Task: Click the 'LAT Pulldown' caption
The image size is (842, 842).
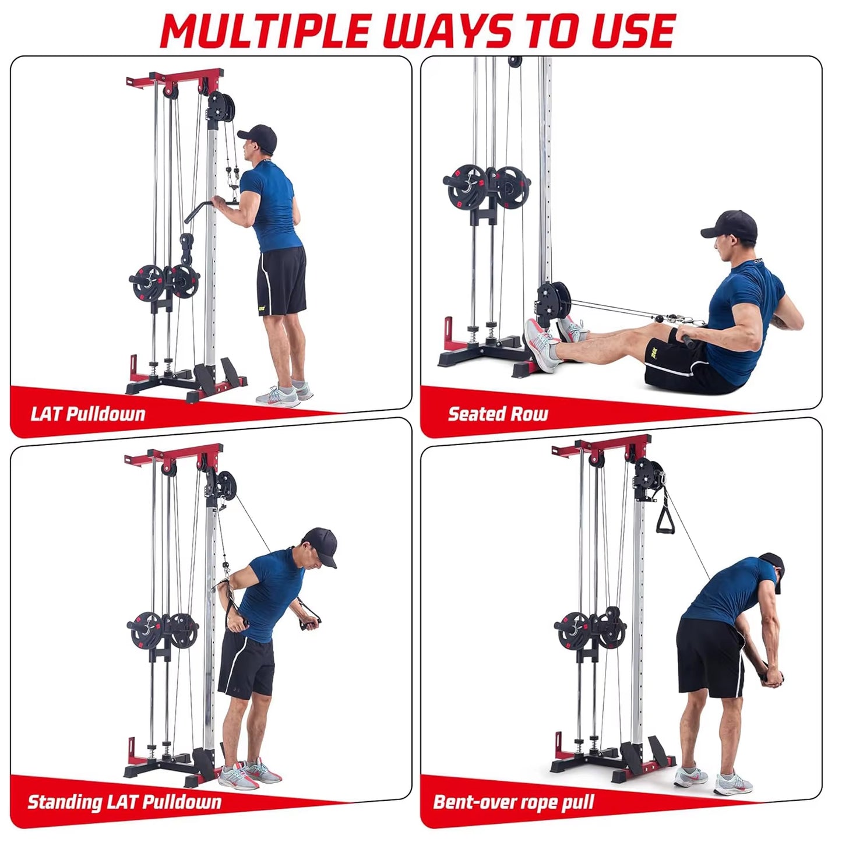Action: click(87, 414)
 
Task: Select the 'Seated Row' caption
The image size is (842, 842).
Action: click(498, 414)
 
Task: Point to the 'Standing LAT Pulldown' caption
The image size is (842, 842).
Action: click(124, 802)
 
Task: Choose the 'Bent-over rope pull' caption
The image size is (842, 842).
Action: click(513, 802)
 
